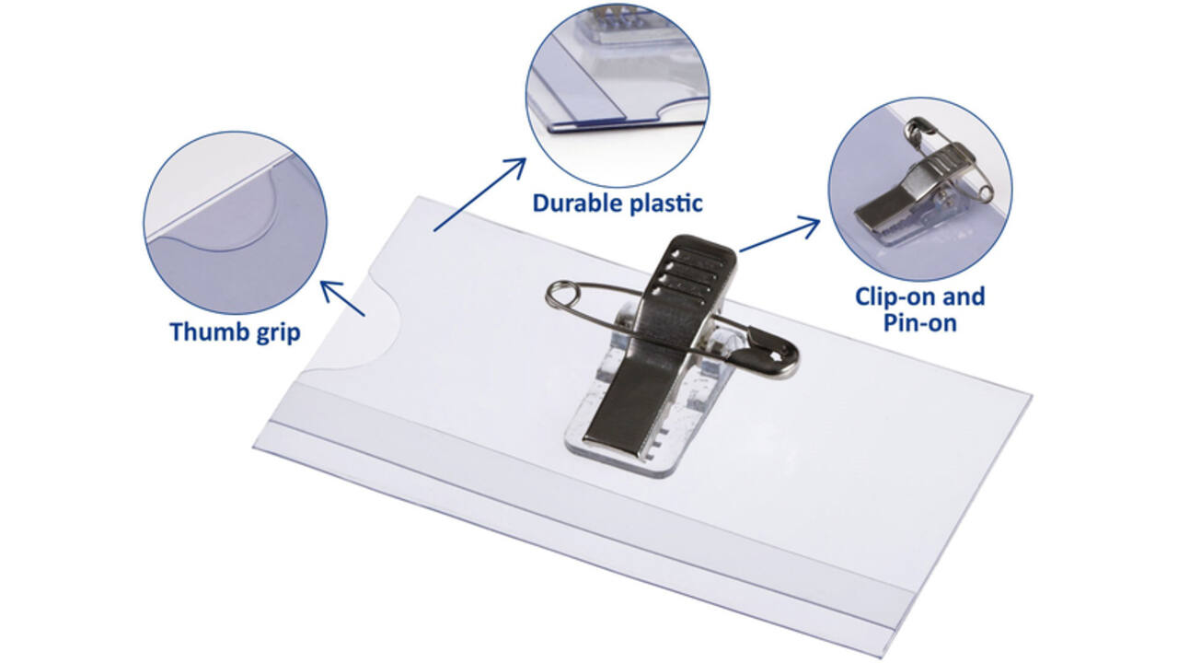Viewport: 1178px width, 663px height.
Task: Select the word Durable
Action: coord(577,204)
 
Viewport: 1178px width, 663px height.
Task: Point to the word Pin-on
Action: coord(919,322)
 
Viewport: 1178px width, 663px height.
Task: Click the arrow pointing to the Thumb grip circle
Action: coord(342,298)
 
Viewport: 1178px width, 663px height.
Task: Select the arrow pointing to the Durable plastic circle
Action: coord(479,194)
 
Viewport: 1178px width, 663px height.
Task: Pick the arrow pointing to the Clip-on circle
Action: coord(780,235)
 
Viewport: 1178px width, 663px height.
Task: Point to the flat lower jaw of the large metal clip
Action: coord(620,415)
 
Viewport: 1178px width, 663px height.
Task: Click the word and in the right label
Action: coord(964,297)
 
